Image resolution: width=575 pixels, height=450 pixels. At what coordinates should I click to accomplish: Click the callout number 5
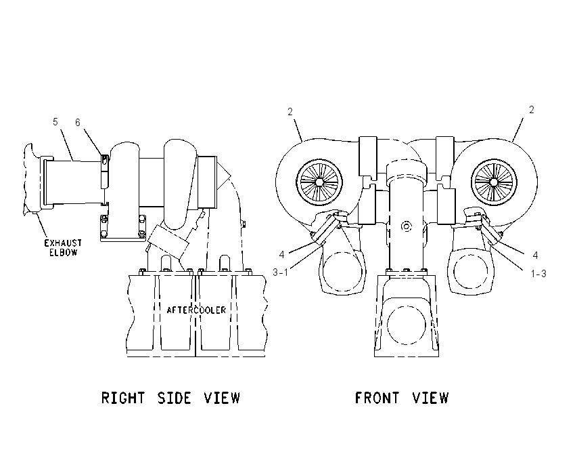[x=55, y=121]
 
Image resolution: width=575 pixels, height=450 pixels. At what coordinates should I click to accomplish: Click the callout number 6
[x=78, y=122]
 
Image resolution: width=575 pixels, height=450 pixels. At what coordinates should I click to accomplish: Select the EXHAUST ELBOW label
[x=63, y=247]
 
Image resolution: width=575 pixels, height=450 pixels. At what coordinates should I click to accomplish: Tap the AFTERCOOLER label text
[x=196, y=310]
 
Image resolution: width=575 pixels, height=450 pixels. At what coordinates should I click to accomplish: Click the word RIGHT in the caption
[x=123, y=398]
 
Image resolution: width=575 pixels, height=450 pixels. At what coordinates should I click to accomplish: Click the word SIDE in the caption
[x=174, y=398]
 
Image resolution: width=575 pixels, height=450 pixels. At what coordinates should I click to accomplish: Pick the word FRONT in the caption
[x=377, y=398]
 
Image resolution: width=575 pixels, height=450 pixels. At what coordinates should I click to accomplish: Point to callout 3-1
[x=281, y=272]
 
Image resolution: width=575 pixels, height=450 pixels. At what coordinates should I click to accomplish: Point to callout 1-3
[x=538, y=274]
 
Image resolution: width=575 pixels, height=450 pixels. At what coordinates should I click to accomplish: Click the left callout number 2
[x=290, y=112]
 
